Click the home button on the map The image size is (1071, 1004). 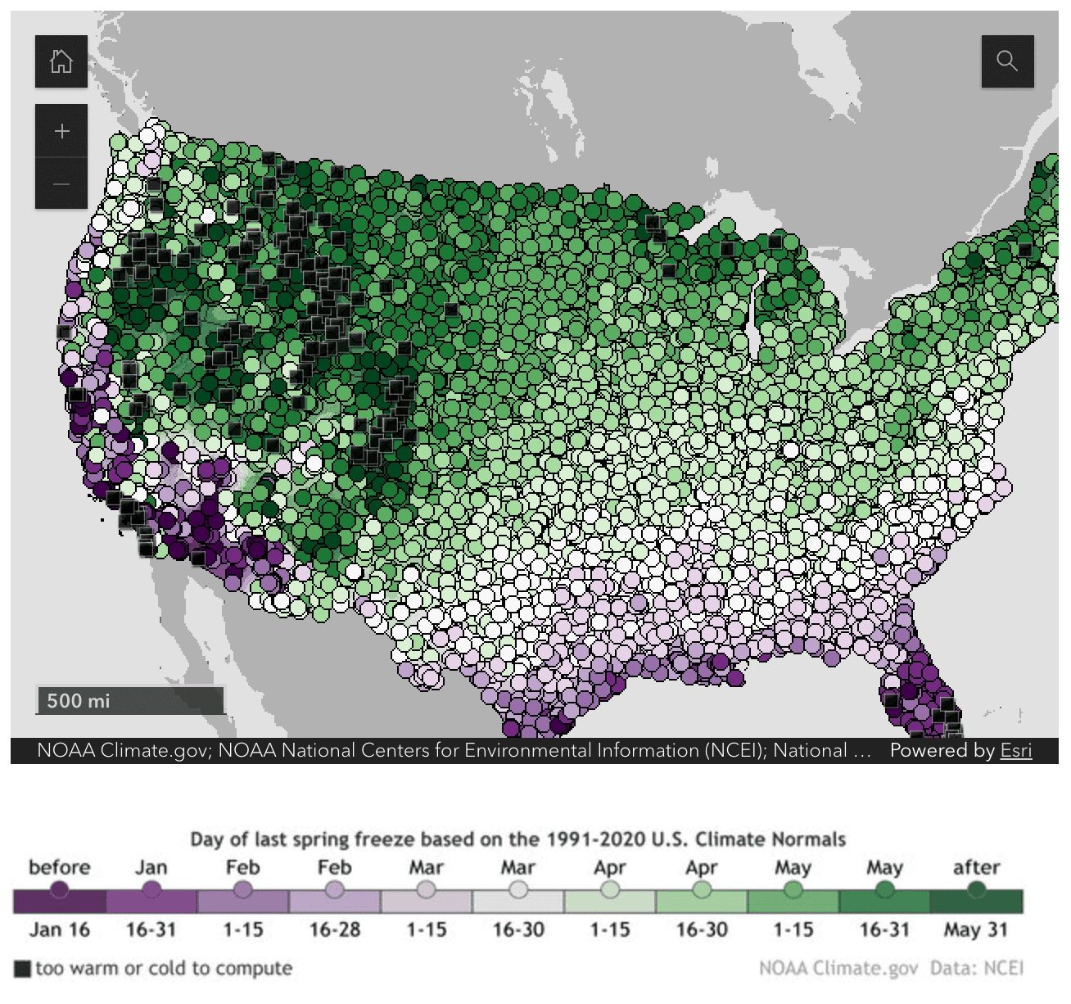click(61, 61)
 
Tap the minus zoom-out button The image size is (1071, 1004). click(61, 183)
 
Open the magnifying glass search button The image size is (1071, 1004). click(1007, 61)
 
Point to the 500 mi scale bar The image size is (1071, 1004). click(130, 701)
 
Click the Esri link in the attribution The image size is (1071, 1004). click(1015, 750)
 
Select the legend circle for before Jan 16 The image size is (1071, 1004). click(59, 889)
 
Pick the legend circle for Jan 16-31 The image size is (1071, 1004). click(151, 889)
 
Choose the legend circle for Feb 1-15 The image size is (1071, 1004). click(243, 889)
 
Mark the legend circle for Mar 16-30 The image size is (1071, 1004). click(518, 889)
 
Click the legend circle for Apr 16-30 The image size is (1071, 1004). click(702, 889)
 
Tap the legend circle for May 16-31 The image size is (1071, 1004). click(884, 889)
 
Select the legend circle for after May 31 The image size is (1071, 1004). click(976, 889)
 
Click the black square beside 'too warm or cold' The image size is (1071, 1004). click(23, 969)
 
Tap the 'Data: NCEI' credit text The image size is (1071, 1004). click(976, 968)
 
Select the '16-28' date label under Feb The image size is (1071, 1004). click(335, 930)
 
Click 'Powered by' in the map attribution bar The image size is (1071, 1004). click(942, 750)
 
